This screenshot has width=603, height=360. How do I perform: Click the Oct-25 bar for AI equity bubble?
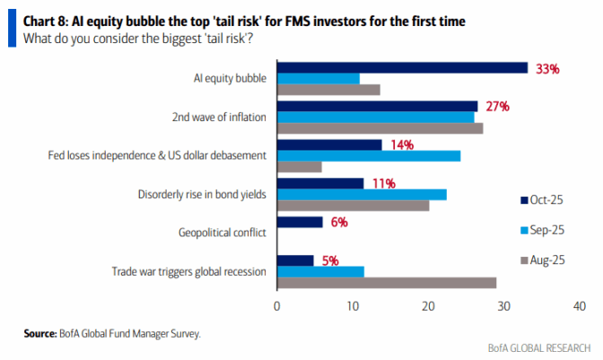402,67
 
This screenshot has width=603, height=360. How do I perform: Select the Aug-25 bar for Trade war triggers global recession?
386,283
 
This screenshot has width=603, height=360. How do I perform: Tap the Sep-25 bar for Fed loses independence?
369,155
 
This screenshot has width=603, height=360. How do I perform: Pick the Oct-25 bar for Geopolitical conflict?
300,222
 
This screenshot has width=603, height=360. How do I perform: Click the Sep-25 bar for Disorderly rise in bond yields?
362,195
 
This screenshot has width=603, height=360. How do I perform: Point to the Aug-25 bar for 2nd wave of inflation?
380,128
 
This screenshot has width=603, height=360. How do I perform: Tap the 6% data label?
339,222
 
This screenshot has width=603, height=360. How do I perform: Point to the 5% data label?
331,260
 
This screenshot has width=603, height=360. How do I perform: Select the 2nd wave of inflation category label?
220,117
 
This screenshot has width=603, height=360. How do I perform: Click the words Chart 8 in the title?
45,18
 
